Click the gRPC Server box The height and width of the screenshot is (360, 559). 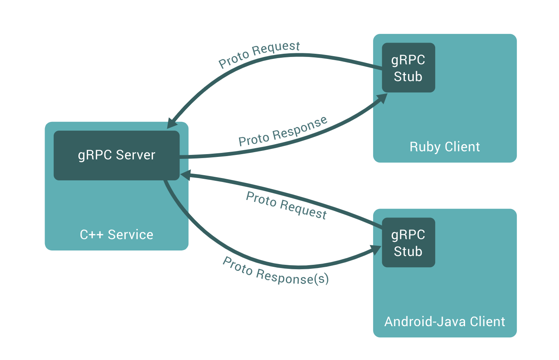coord(116,155)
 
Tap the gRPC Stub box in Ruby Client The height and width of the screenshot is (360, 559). coord(408,68)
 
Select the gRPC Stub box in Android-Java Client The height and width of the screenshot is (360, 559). coord(408,243)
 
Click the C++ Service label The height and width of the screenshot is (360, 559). coord(116,235)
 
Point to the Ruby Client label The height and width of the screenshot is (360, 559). coord(445,147)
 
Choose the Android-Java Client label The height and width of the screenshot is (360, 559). coord(445,322)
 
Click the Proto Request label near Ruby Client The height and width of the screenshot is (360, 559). coord(259,54)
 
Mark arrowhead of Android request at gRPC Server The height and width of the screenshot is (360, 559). coord(185,175)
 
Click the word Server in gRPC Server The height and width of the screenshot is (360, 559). coord(135,155)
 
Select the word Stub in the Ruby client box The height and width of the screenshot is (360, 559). coord(408,76)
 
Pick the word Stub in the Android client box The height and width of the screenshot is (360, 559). coord(408,251)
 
